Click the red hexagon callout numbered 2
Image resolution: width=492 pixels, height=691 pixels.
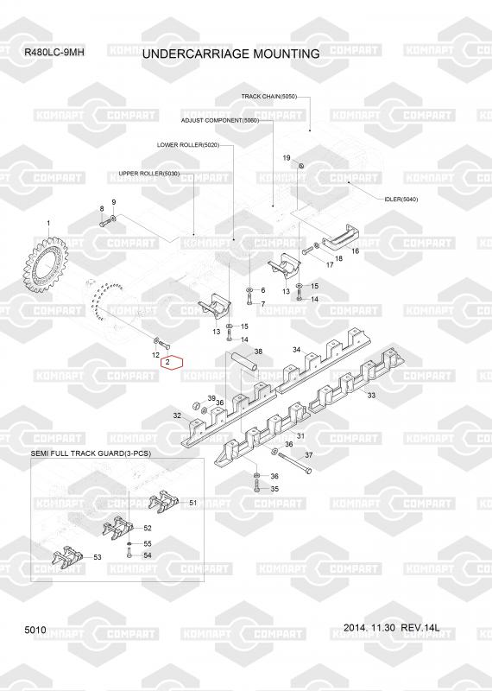172,362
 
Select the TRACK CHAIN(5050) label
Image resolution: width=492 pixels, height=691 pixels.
269,96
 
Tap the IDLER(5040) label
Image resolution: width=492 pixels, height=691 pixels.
401,200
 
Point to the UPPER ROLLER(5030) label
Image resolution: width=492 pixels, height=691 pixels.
148,174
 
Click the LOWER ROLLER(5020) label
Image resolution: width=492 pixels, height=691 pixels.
188,145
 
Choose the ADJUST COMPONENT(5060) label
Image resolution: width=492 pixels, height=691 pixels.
220,120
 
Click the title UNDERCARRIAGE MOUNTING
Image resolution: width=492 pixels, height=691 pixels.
231,54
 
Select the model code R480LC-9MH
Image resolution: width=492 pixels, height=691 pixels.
54,52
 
